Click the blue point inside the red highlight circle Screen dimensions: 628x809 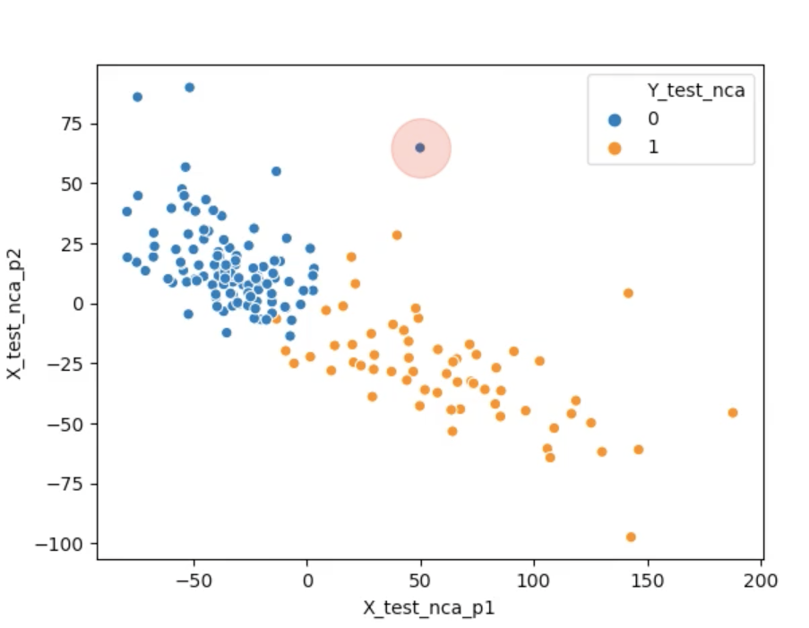click(x=420, y=148)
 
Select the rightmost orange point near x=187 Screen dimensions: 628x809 click(x=733, y=413)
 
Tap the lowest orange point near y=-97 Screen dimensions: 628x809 click(x=631, y=538)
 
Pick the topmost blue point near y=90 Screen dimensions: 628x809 click(x=189, y=88)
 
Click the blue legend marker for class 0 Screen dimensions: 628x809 click(x=615, y=118)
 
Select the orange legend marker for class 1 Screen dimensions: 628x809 click(x=615, y=147)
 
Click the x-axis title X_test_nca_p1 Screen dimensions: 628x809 click(x=429, y=607)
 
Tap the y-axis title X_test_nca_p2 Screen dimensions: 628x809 click(x=15, y=304)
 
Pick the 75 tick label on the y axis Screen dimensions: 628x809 click(x=73, y=124)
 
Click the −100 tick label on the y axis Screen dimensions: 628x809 click(x=64, y=544)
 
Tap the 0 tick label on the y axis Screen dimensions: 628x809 click(x=79, y=305)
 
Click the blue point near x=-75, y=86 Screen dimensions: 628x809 click(x=137, y=97)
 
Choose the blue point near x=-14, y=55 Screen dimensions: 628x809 click(x=276, y=171)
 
